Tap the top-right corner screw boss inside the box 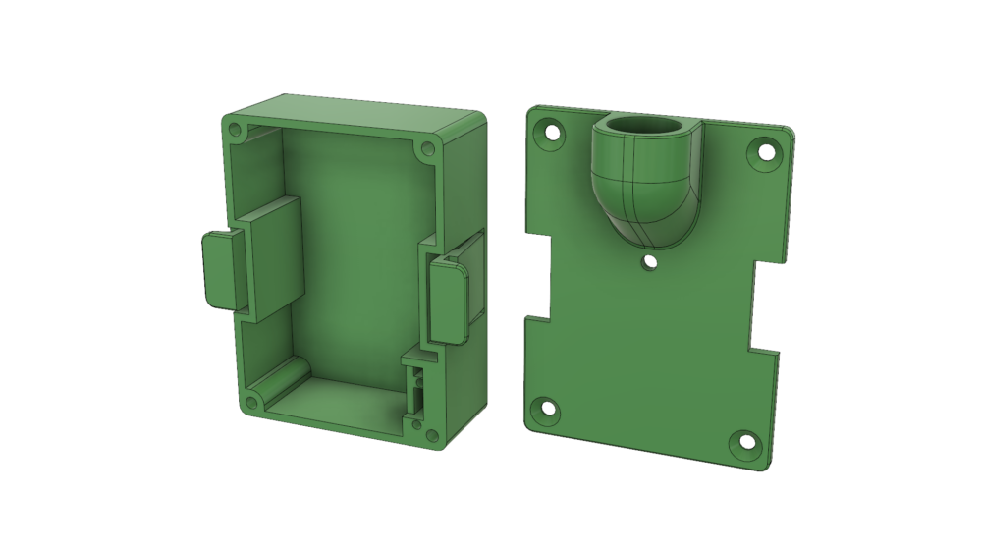[426, 151]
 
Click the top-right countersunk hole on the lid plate [760, 153]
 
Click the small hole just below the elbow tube [646, 261]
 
